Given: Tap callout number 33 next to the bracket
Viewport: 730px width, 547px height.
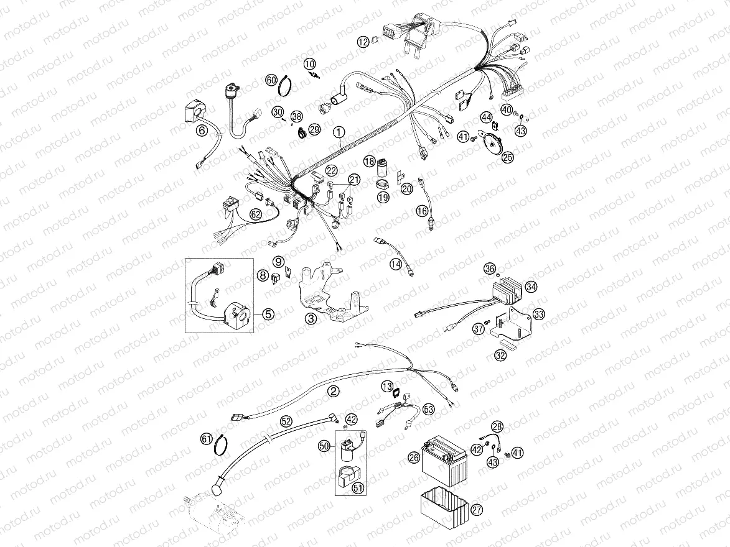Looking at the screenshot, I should (x=539, y=315).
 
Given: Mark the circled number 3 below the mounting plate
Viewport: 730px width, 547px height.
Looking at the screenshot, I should (x=311, y=319).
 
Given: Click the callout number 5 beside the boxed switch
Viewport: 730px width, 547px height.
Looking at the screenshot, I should (x=267, y=314).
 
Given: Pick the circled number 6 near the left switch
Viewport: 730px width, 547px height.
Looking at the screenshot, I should (x=201, y=131).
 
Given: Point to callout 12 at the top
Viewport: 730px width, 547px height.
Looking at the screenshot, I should (x=363, y=42).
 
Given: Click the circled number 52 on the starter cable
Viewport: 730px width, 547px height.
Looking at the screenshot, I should (x=286, y=421).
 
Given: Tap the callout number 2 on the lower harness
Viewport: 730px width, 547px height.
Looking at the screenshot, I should (x=334, y=391).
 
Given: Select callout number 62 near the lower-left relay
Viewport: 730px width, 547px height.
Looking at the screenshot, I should (x=255, y=214).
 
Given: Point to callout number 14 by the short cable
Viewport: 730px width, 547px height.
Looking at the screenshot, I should (x=396, y=264).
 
